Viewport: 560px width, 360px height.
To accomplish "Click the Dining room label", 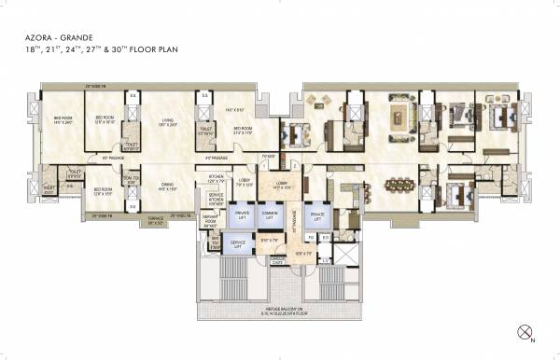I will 169,187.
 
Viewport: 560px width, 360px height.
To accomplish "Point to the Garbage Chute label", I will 278,262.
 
